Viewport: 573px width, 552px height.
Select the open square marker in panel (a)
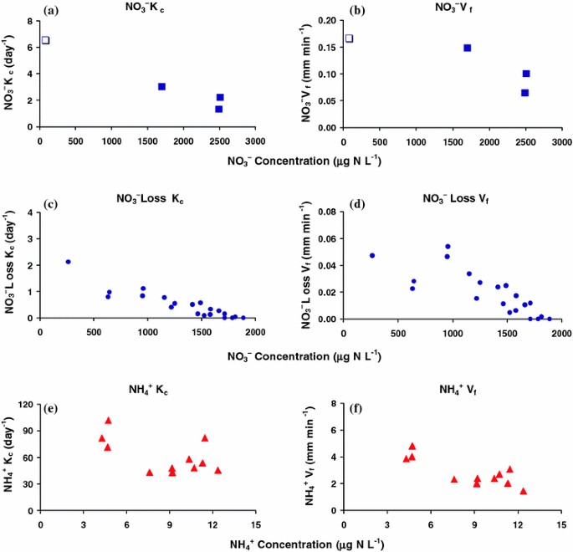[x=45, y=40]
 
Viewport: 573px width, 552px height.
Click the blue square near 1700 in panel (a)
[x=161, y=86]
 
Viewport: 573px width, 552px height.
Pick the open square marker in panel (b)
[x=349, y=38]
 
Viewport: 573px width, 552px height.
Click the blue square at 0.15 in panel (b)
[x=467, y=48]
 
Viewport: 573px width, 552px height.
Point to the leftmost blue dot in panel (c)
[x=68, y=262]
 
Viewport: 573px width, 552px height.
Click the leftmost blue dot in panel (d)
[x=372, y=255]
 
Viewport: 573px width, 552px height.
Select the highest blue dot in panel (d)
[x=448, y=247]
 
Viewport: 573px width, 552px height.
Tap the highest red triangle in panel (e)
[x=108, y=421]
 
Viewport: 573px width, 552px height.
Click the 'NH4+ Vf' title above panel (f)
[x=452, y=390]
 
